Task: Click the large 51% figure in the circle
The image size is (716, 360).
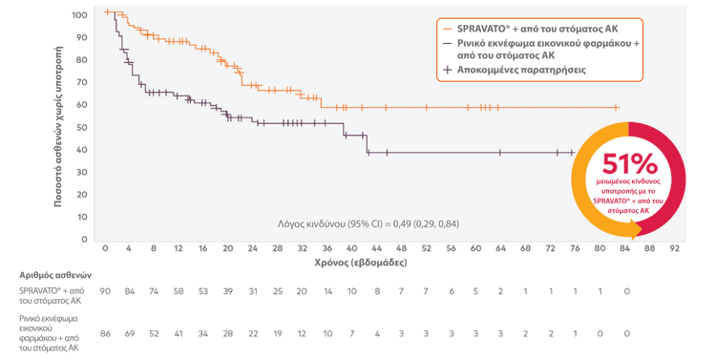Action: coord(630,163)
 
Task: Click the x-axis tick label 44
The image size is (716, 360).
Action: coord(376,248)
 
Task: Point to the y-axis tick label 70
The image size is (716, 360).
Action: coord(81,82)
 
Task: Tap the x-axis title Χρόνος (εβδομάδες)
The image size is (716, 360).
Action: coord(361,263)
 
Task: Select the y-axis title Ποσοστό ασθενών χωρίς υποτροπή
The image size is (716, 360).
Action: coord(58,127)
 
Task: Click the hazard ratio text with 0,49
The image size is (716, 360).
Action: coord(369,223)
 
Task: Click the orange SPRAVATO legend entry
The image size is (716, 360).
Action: coord(531,29)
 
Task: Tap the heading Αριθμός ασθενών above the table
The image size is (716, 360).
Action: coord(55,275)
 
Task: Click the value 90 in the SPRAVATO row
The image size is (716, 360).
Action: coord(105,291)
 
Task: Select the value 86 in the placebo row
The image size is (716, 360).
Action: coord(105,333)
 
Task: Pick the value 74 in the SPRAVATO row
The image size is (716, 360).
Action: coord(154,291)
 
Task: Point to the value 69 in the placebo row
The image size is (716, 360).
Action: coord(130,333)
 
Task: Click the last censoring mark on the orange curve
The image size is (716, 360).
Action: coord(616,107)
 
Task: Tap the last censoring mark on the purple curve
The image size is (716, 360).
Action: coord(572,153)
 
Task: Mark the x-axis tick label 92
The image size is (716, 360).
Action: coord(674,248)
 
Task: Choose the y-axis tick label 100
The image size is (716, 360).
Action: coord(79,15)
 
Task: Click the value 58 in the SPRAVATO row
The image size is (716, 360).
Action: coord(179,291)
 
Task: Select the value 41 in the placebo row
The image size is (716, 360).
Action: coord(179,333)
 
